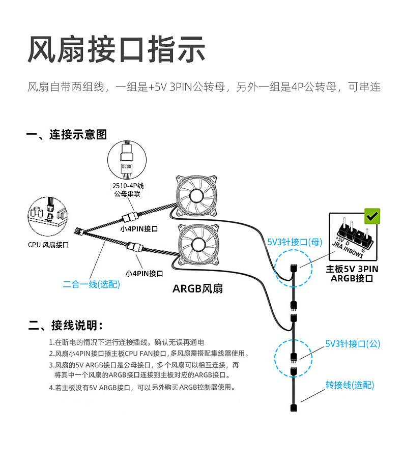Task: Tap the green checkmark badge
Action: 372,217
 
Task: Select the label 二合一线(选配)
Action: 92,284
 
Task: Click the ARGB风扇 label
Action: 197,289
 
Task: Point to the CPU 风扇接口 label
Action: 48,245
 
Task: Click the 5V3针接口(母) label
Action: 295,242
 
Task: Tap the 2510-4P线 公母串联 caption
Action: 128,190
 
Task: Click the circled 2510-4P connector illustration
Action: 128,158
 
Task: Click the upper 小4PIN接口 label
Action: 139,229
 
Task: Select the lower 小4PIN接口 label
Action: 144,273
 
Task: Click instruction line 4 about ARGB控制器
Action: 142,388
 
